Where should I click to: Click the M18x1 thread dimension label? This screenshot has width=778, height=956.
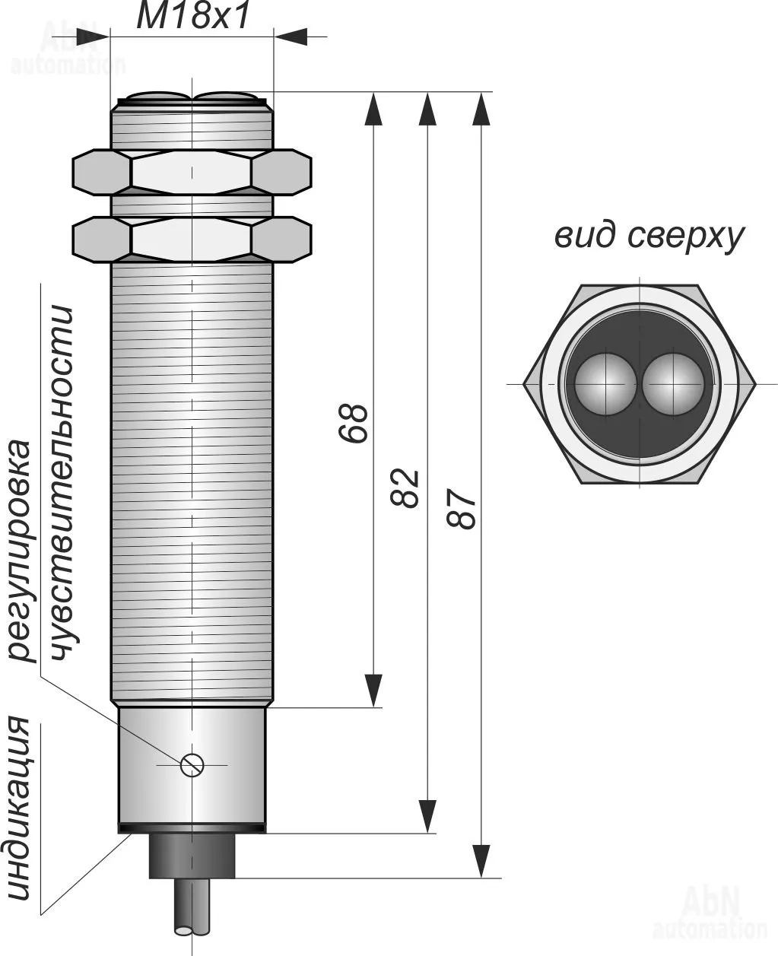(x=192, y=17)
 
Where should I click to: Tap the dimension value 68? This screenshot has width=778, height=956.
(x=354, y=424)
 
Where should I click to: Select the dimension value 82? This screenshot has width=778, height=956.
(x=406, y=488)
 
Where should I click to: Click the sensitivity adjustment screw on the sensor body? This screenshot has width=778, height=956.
(x=192, y=764)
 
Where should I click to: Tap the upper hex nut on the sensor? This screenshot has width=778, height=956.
(x=192, y=172)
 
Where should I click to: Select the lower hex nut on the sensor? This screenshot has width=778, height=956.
(x=192, y=239)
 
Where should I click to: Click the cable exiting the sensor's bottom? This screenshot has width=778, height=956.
(x=192, y=916)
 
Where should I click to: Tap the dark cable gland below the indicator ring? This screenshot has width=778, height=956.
(x=192, y=856)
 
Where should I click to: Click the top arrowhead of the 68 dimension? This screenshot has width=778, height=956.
(x=373, y=108)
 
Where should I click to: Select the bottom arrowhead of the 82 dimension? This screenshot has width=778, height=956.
(x=428, y=815)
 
